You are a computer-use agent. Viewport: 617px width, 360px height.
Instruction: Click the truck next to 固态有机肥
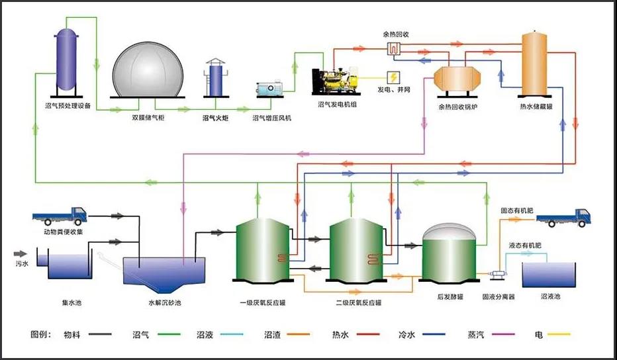(563, 217)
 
